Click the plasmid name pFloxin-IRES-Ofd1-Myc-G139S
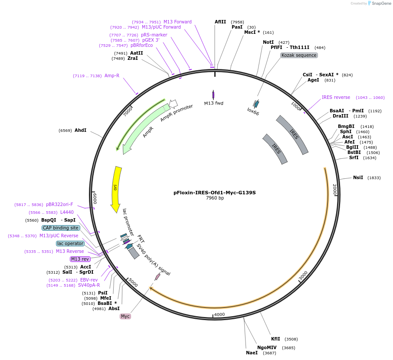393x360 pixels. [x=215, y=192]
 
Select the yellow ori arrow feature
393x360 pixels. [x=116, y=189]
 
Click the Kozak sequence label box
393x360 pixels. [x=299, y=56]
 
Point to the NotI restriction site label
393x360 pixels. [x=268, y=42]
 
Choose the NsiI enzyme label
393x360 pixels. [x=358, y=178]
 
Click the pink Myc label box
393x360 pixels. [x=125, y=316]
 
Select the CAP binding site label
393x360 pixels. [x=61, y=228]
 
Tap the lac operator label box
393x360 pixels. [x=70, y=243]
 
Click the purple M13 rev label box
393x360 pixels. [x=80, y=259]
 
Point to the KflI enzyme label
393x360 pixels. [x=275, y=339]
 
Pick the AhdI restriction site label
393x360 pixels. [x=80, y=130]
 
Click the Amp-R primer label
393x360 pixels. [x=111, y=76]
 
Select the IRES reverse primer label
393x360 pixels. [x=336, y=97]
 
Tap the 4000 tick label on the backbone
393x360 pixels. [x=219, y=314]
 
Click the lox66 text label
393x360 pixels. [x=253, y=113]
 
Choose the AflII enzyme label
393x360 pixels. [x=220, y=22]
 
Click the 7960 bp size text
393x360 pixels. [x=215, y=198]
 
